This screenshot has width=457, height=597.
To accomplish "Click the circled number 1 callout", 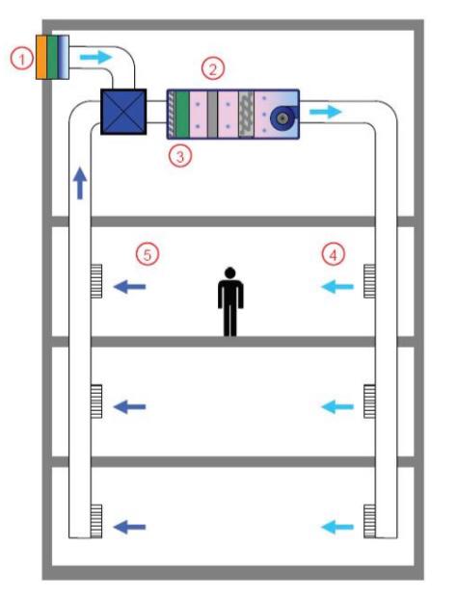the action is click(22, 60).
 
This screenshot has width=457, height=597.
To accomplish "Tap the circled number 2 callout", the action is click(213, 69).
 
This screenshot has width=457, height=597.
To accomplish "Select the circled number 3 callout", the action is click(180, 156).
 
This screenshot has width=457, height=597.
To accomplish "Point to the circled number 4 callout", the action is click(334, 254).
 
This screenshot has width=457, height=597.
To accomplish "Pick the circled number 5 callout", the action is click(148, 254).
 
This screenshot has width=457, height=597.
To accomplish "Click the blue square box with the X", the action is click(123, 112).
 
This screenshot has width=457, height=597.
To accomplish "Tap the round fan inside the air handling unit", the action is click(282, 118).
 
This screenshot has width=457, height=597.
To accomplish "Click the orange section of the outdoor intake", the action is click(41, 57).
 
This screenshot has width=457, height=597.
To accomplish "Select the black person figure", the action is click(230, 301).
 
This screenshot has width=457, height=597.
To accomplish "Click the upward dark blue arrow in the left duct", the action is click(80, 183).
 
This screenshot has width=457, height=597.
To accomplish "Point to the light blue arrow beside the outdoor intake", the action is click(96, 57).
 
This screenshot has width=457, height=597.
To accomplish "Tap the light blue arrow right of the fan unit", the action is click(326, 112).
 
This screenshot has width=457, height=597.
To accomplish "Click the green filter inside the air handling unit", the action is click(182, 115).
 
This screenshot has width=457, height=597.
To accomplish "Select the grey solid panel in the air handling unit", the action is click(213, 115).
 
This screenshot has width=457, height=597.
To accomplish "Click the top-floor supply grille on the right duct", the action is click(369, 281).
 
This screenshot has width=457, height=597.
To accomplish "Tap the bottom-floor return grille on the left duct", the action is click(96, 521).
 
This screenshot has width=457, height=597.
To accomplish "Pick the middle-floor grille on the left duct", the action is click(96, 402).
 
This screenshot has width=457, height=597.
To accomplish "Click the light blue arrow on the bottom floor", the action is click(337, 527).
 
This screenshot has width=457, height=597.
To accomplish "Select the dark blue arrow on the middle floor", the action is click(129, 406).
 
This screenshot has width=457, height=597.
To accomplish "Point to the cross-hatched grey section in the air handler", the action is click(246, 115).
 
